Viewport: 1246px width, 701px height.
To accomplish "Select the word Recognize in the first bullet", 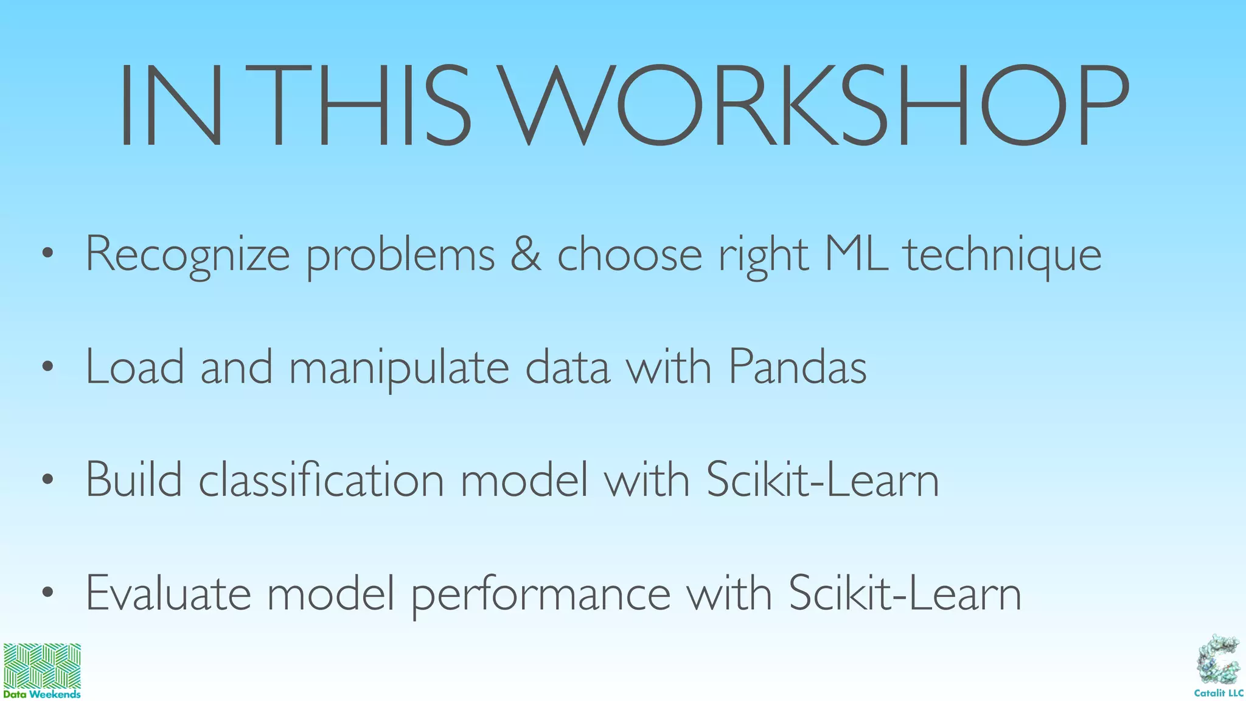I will click(x=187, y=254).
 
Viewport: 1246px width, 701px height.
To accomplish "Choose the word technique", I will click(x=1003, y=256).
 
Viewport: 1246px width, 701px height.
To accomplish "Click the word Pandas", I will click(x=797, y=367).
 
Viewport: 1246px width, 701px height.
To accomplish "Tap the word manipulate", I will click(x=399, y=369).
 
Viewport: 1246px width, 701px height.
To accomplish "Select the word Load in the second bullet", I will click(x=134, y=367).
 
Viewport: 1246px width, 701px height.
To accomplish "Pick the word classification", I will click(x=321, y=480).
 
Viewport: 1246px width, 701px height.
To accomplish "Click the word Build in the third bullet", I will click(x=134, y=480).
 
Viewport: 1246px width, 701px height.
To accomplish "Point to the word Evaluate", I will click(x=168, y=593).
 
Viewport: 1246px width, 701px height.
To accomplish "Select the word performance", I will click(x=541, y=595).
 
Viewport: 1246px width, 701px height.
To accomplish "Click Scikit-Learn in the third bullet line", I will click(x=823, y=480).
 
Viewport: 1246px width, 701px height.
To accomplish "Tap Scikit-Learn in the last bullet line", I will click(x=905, y=593).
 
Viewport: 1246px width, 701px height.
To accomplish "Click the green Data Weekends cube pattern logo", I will click(x=42, y=666).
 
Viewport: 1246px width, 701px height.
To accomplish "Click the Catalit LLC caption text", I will click(x=1219, y=693).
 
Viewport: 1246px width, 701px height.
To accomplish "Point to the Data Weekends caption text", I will click(x=42, y=694).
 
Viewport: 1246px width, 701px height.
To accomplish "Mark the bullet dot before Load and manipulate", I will click(x=48, y=367).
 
